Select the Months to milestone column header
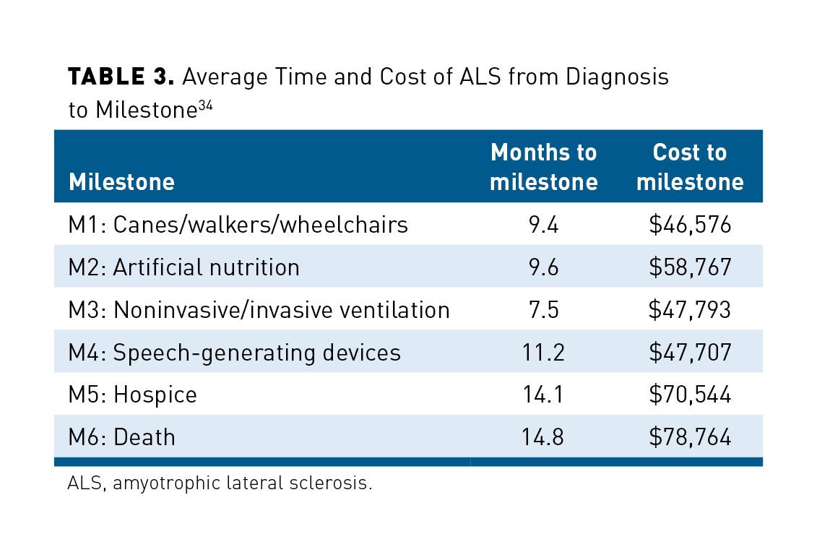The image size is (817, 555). coord(543,167)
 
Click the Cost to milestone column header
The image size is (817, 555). coord(690,167)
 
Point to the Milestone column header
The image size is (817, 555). coord(121,181)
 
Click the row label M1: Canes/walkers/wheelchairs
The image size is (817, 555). coord(238,225)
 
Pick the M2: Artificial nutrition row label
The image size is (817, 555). coord(184,267)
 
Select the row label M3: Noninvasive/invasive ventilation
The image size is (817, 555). coord(259,310)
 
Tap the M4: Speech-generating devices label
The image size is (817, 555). coord(235,353)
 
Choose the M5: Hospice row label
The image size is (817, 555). coord(133,395)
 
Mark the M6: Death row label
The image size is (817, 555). coord(122,437)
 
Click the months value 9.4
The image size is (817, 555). coord(543,225)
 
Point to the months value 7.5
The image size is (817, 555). coord(543,310)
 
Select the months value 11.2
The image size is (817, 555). coord(543,353)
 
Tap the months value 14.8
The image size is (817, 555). coord(543,437)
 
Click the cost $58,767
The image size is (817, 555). coord(690,267)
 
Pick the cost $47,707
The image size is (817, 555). coord(690,353)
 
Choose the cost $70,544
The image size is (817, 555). coord(690,395)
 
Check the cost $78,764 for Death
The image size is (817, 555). coord(690,437)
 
